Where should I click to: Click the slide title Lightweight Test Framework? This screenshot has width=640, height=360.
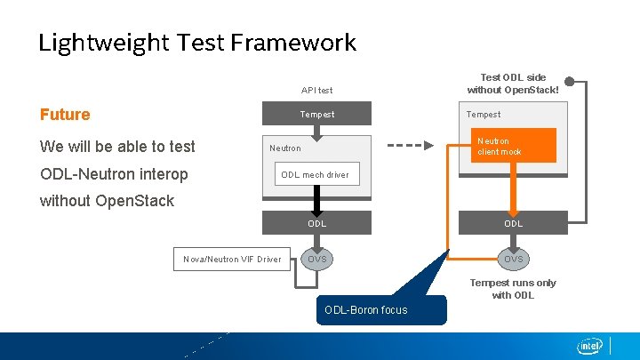(x=196, y=43)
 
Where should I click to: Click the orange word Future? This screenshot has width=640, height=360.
(x=65, y=115)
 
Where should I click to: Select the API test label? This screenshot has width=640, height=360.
(x=316, y=91)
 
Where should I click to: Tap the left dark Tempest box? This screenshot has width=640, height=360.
(x=316, y=114)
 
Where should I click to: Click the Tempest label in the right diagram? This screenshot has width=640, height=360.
(x=484, y=114)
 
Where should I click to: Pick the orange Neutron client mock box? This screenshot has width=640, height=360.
(x=516, y=146)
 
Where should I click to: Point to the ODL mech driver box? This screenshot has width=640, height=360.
(x=315, y=175)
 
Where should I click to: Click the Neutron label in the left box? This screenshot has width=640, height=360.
(x=285, y=148)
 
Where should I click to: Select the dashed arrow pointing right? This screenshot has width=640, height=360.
(x=410, y=145)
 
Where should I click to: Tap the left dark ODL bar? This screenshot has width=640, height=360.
(x=316, y=223)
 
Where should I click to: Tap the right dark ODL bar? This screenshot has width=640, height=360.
(x=514, y=223)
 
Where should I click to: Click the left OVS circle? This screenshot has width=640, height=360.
(x=316, y=260)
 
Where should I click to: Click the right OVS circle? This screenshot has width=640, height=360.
(x=514, y=260)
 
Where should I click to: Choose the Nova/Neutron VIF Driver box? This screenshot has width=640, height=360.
(x=232, y=260)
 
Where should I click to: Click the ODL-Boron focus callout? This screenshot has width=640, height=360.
(x=366, y=309)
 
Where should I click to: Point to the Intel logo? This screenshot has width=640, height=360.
(x=589, y=346)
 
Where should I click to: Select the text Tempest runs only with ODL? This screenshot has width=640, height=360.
(x=513, y=289)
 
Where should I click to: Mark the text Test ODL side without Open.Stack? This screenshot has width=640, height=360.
(x=513, y=84)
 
